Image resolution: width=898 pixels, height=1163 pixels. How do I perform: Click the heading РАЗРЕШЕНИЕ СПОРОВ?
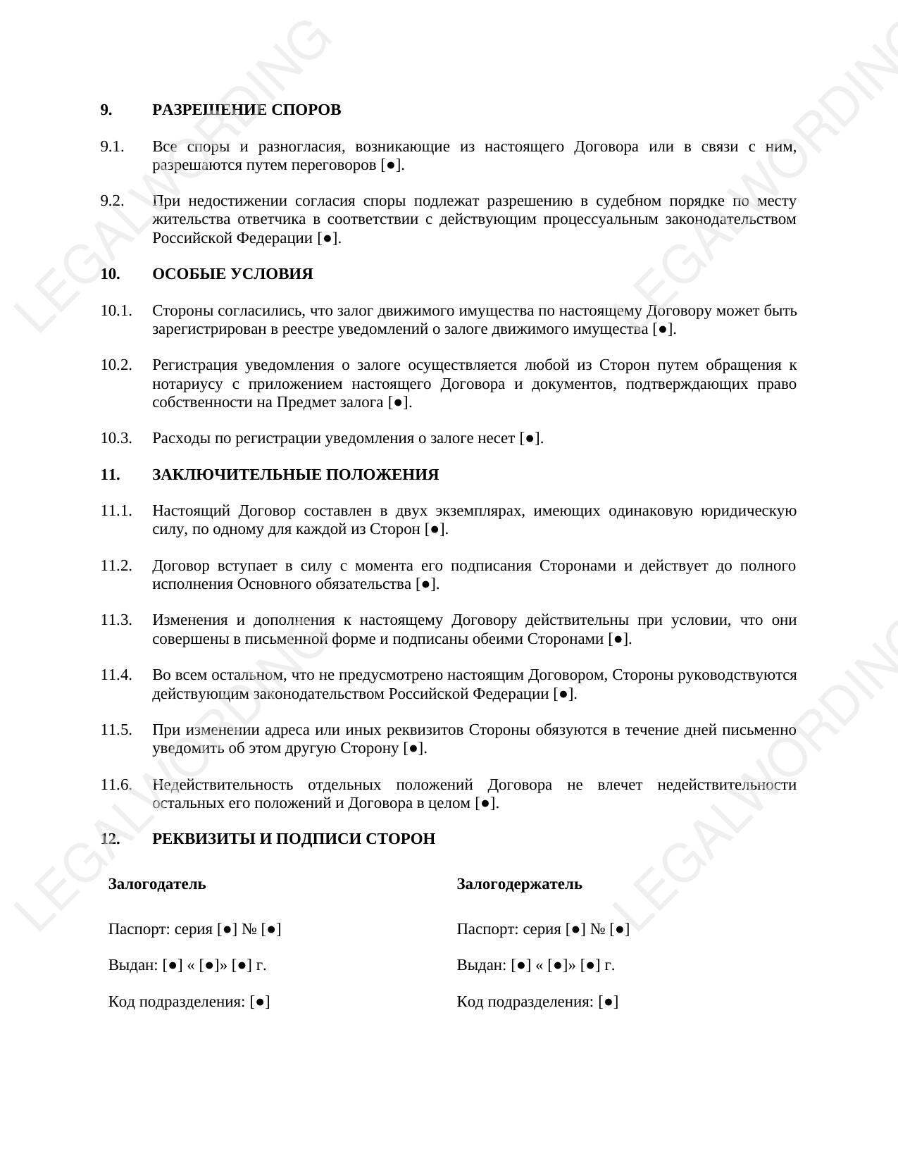point(247,110)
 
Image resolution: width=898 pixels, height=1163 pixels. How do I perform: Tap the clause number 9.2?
point(112,201)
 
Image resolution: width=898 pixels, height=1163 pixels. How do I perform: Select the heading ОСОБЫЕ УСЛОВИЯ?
point(232,274)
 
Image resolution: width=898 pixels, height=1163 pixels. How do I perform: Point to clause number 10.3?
point(116,438)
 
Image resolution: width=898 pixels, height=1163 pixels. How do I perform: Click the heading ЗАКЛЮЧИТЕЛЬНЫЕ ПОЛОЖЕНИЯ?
point(295,475)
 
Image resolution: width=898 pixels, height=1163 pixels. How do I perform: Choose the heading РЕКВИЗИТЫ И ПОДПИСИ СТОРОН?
point(294,839)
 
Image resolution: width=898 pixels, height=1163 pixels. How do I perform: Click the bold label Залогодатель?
point(157,884)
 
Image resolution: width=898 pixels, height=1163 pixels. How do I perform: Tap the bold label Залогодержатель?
point(519,884)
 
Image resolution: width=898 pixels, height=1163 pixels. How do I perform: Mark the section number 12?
point(110,839)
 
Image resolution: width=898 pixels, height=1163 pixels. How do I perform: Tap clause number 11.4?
point(116,675)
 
